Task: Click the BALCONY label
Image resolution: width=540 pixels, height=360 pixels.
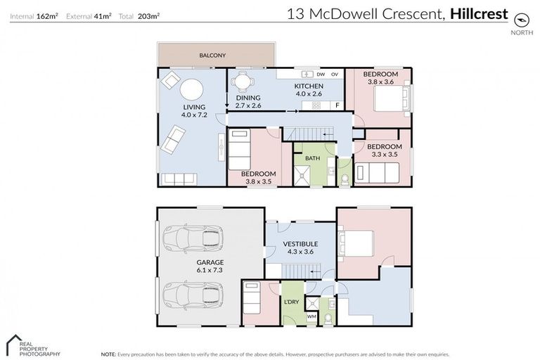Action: tap(212, 54)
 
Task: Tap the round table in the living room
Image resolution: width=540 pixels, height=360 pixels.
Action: tap(192, 89)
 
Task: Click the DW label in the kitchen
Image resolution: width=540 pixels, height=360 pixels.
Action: tap(321, 74)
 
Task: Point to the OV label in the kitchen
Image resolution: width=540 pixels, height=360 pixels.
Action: tap(335, 74)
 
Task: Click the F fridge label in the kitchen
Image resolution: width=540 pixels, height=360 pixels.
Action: tap(337, 105)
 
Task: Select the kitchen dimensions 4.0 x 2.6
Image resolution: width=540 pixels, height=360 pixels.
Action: tap(308, 94)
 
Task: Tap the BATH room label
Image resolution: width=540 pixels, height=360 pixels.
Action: tap(312, 158)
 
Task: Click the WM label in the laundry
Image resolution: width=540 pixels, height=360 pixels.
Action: tap(311, 316)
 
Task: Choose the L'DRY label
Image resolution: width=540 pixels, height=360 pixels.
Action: tap(292, 302)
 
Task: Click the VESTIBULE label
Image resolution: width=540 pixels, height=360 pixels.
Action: tap(301, 244)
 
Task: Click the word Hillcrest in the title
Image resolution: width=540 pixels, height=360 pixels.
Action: tap(478, 13)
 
